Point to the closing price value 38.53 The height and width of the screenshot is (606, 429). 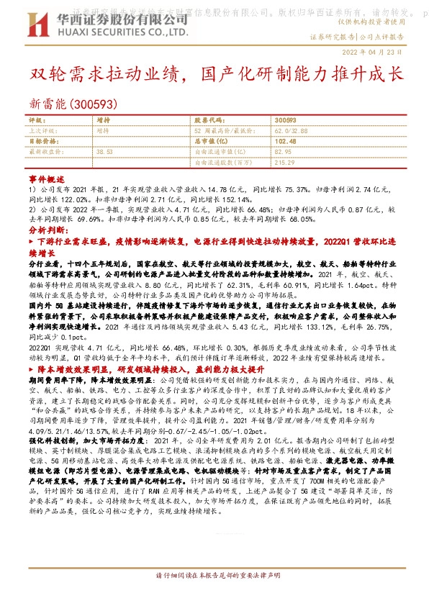[x=105, y=152]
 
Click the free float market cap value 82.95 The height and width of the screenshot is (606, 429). [x=283, y=152]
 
